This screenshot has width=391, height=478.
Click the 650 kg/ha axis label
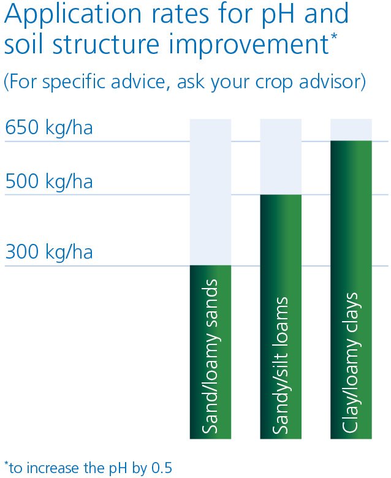[x=49, y=127]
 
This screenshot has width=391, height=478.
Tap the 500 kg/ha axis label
[x=49, y=181]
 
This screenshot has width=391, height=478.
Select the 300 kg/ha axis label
[x=49, y=252]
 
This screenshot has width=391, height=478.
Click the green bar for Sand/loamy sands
[x=210, y=352]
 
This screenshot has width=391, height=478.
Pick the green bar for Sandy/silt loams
[x=281, y=317]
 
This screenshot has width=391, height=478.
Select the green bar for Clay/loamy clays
[x=351, y=290]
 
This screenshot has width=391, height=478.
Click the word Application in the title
[x=73, y=14]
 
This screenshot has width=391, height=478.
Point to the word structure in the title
[x=106, y=45]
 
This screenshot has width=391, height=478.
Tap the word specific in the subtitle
[x=74, y=82]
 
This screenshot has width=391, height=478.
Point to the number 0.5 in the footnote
[x=162, y=468]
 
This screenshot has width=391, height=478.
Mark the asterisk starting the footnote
[x=6, y=464]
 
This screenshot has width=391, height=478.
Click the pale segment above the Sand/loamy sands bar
[x=210, y=192]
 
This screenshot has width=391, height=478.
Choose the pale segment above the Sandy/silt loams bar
[x=281, y=157]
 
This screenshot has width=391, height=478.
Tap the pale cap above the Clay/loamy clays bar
[x=351, y=130]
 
